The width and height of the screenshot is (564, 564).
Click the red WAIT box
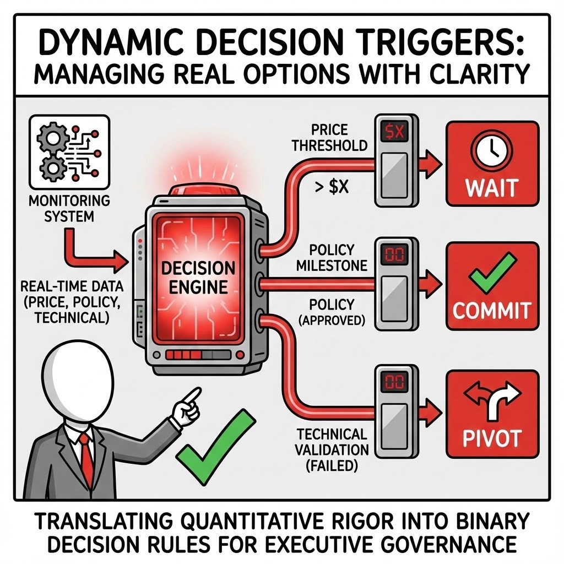pyautogui.click(x=492, y=164)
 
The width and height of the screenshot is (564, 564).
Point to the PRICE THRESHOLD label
pyautogui.click(x=330, y=137)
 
